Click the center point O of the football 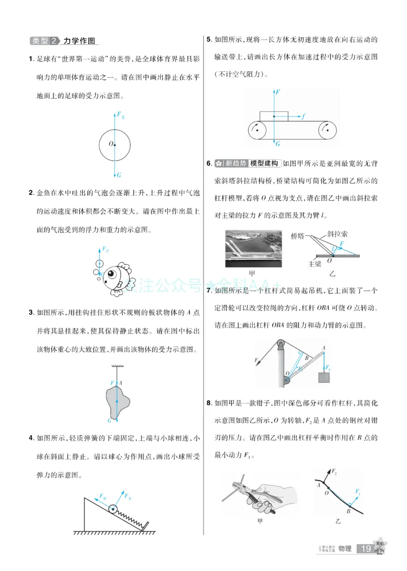click(x=115, y=145)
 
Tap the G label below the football click(x=119, y=175)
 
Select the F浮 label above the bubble click(x=105, y=249)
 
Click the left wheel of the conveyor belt click(x=258, y=131)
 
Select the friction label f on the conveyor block click(x=303, y=116)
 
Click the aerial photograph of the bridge click(x=253, y=249)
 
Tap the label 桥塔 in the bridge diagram click(x=300, y=236)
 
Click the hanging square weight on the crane click(x=324, y=378)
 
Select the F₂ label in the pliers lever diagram click(x=335, y=472)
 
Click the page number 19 click(x=366, y=549)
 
